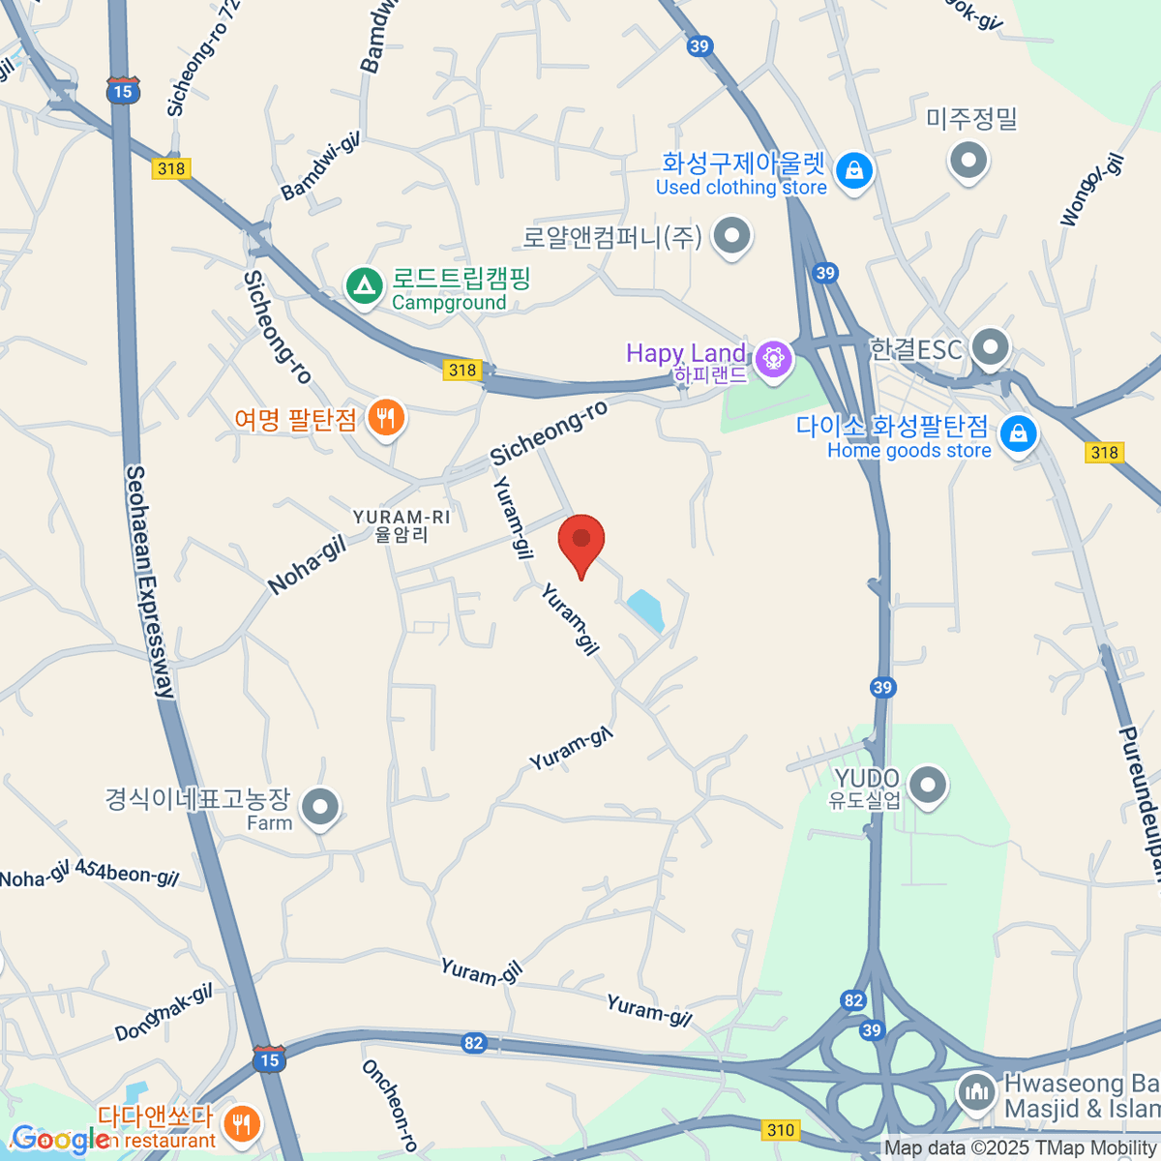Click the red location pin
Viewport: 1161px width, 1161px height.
[x=581, y=543]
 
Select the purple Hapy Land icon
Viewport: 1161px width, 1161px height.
[x=773, y=359]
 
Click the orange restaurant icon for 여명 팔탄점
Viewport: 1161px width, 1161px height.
[x=386, y=418]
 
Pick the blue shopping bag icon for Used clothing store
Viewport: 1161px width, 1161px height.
[x=853, y=171]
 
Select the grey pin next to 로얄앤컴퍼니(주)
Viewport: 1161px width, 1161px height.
[x=732, y=235]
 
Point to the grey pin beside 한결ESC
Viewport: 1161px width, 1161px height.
[x=990, y=346]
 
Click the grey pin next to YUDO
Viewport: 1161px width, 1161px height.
[x=928, y=785]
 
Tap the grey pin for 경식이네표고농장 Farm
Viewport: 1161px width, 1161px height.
[x=319, y=805]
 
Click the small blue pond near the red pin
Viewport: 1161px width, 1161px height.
[x=645, y=610]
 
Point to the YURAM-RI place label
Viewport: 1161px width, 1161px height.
[x=402, y=525]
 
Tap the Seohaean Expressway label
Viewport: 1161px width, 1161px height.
[x=150, y=580]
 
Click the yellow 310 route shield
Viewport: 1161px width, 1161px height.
[x=780, y=1129]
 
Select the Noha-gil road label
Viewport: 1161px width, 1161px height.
[x=307, y=566]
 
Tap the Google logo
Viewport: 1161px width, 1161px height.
[x=60, y=1140]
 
